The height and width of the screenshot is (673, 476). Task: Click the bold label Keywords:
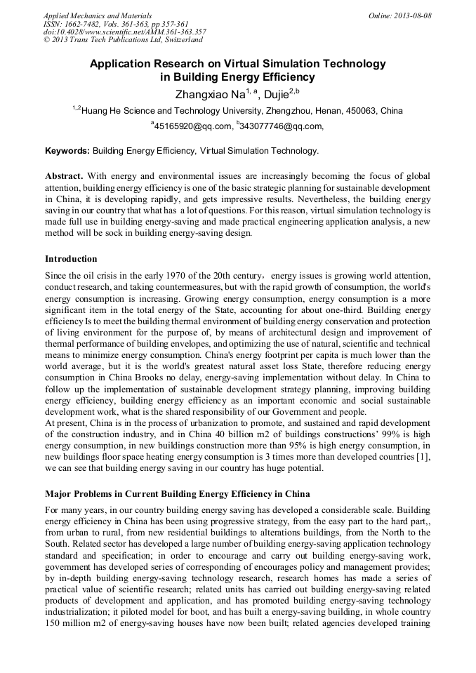click(67, 151)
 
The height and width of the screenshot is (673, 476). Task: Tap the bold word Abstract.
click(65, 175)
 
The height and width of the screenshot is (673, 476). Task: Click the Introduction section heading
click(71, 259)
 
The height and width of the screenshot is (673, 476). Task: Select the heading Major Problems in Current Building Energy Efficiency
click(177, 493)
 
